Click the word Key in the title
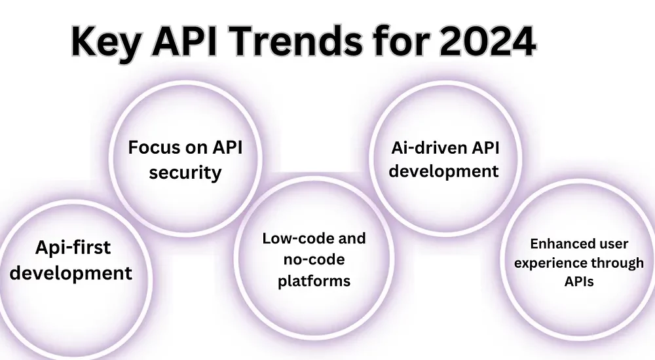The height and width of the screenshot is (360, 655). [x=106, y=43]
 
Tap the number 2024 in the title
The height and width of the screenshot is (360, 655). [x=487, y=41]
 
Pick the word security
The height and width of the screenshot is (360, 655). [x=185, y=173]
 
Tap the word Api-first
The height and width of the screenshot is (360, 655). [x=73, y=247]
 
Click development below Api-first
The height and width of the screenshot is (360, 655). [x=71, y=274]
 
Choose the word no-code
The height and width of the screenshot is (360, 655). [x=314, y=259]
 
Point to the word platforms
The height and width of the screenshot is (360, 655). [x=314, y=281]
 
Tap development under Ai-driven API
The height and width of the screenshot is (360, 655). [x=443, y=171]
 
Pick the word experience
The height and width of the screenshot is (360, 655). [x=545, y=263]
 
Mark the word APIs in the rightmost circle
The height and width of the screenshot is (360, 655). [x=579, y=281]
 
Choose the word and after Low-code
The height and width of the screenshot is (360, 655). [x=352, y=238]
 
